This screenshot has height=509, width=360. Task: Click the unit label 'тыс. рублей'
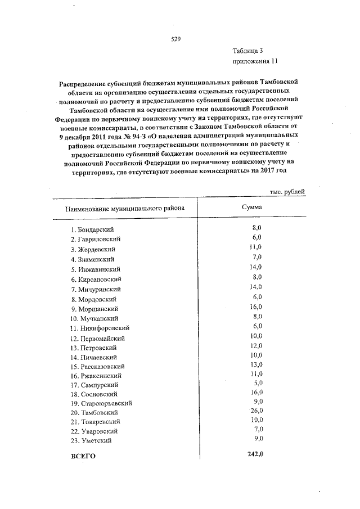coord(287,191)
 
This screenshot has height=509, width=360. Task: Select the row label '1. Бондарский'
coord(93,230)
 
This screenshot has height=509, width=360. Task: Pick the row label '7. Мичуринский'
coord(96,289)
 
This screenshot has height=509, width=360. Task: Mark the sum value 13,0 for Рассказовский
coord(256,364)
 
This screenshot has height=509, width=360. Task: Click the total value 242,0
coord(256,454)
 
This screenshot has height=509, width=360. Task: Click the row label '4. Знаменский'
coord(93,259)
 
